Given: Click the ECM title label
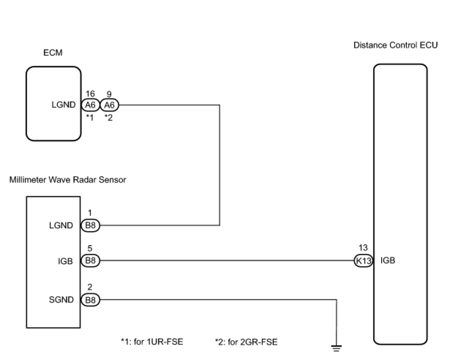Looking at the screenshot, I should [53, 53].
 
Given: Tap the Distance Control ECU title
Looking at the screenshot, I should [395, 45].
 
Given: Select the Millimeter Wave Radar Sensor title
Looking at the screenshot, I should [68, 180].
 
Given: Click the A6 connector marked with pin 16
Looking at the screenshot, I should [90, 105].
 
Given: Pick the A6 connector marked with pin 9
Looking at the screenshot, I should [109, 105].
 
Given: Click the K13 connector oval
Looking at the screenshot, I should [363, 261].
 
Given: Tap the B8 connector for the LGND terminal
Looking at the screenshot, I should [90, 225].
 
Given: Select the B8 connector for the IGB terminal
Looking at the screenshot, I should [90, 261].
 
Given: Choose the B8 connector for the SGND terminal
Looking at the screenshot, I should [90, 300].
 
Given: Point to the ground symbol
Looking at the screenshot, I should [337, 348].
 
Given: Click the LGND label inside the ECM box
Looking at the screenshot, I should [64, 105].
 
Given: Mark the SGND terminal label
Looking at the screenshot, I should [61, 300].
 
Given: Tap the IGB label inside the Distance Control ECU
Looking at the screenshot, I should [388, 260].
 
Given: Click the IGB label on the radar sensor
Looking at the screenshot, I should [65, 261].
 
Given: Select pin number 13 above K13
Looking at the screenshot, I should [363, 248].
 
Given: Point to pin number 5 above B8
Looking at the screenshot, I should [90, 249].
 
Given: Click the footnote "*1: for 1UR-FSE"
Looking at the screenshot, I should [152, 342].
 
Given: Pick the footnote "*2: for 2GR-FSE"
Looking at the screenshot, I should [246, 342].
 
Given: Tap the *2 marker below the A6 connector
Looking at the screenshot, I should [109, 117].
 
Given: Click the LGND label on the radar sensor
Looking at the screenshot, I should [61, 225].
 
